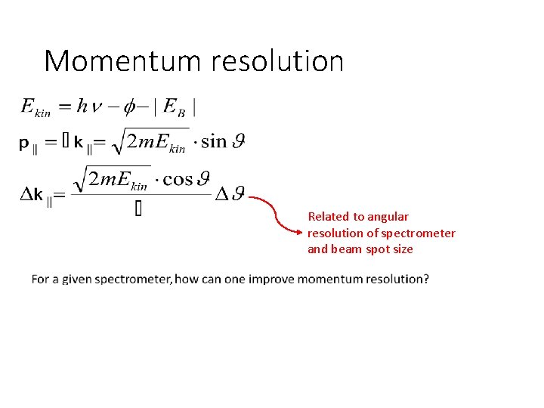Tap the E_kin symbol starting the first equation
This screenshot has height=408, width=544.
coord(34,107)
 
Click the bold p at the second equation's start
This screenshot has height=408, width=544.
coord(24,143)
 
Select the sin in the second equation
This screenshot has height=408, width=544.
coord(214,141)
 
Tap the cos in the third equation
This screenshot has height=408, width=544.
coord(178,178)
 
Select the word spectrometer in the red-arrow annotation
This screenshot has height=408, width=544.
coord(420,233)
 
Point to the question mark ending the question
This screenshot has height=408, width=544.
coord(425,279)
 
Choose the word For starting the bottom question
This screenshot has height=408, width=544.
coord(40,279)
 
